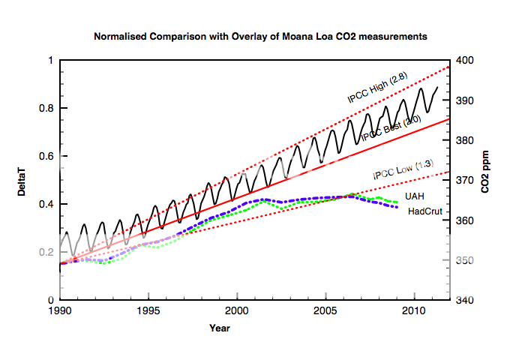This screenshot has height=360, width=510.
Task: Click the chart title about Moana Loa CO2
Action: tap(254, 36)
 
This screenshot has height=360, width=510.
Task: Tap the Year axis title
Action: tap(220, 328)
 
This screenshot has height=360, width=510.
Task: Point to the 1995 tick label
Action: tap(148, 310)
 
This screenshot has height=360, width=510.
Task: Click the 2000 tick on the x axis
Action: tap(237, 310)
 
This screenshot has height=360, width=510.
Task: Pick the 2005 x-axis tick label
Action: tap(325, 310)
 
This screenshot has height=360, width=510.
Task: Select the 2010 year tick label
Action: tap(413, 310)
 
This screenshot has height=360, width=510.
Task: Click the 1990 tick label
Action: tap(60, 310)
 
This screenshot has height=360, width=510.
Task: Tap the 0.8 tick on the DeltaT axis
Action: tap(46, 108)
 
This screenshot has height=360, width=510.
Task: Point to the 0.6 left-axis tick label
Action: tap(46, 156)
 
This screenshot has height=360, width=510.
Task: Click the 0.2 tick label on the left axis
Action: tap(46, 252)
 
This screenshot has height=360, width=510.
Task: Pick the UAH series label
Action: tap(413, 196)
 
